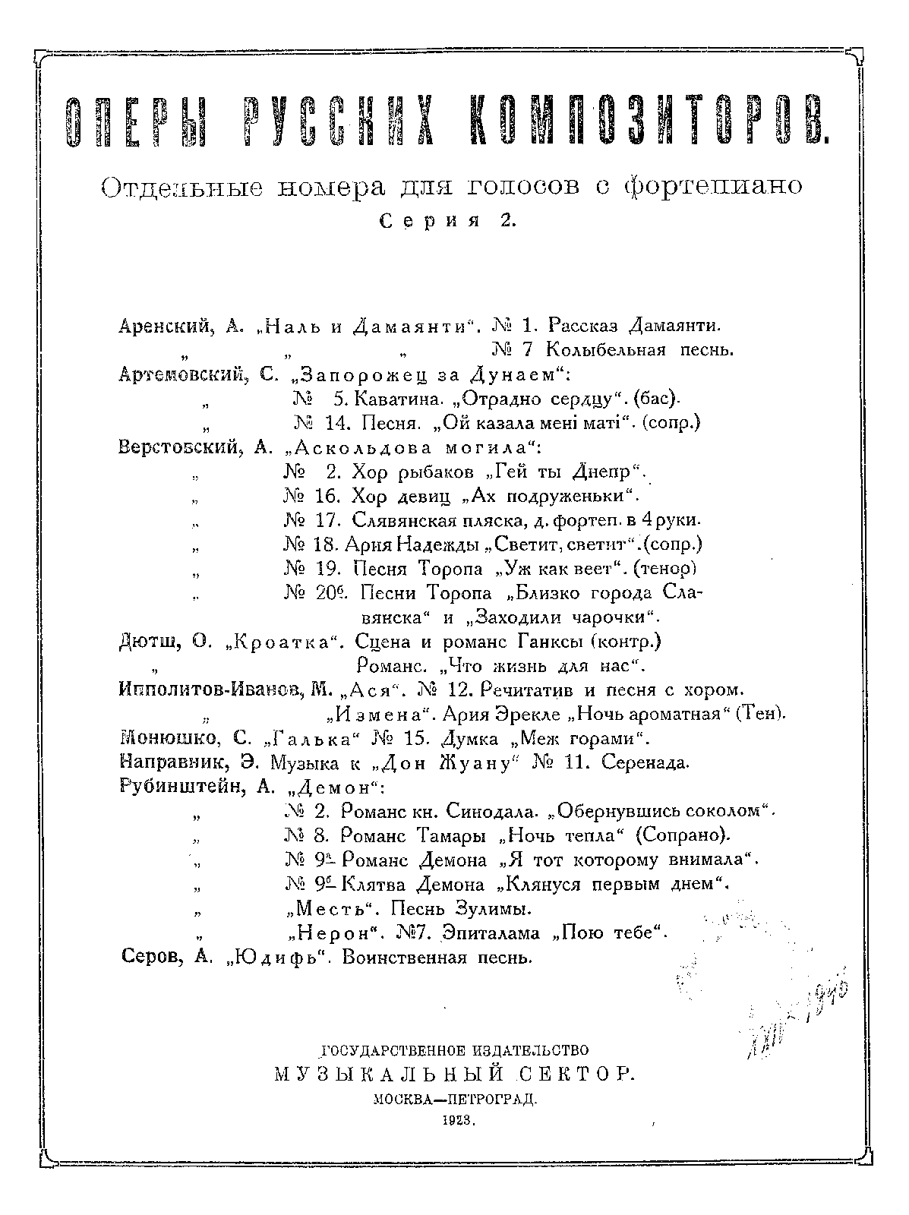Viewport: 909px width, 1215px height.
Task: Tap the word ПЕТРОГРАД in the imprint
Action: (496, 1097)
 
